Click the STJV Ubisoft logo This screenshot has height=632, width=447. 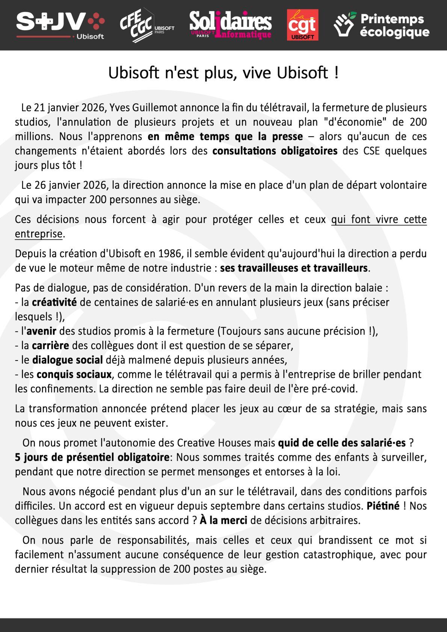coord(60,25)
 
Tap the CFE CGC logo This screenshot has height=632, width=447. coord(146,25)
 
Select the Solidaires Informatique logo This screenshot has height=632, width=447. coord(230,25)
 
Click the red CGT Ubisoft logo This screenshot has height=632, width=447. coord(302,25)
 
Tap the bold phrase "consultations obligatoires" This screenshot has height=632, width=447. coord(275,151)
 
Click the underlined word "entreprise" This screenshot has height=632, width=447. coord(38,234)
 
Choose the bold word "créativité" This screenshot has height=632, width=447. coord(54,302)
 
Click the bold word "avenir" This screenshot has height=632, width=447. coord(41,331)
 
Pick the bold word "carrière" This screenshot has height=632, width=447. coord(50,345)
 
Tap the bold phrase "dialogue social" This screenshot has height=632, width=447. coord(67,360)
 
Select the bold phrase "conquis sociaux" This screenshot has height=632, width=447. coord(74,374)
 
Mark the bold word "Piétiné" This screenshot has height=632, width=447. coord(383,506)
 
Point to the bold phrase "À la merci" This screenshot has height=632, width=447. coord(223,520)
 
